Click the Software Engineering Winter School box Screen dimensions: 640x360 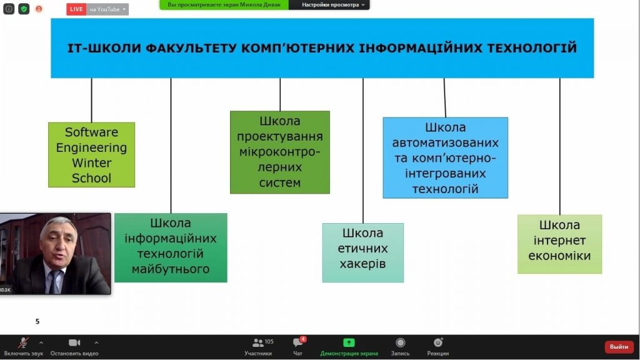pos(91,155)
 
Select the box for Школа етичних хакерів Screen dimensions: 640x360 pos(363,252)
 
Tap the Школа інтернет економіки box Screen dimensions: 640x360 pos(559,244)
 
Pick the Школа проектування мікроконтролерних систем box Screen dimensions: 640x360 pos(280,152)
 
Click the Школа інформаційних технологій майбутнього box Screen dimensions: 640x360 pos(171,247)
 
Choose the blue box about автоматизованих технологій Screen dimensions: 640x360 pos(445,157)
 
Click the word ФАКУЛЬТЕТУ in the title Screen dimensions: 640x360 pos(190,48)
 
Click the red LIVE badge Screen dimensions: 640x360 pos(76,9)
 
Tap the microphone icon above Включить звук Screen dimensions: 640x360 pos(23,343)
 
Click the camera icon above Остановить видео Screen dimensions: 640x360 pos(74,343)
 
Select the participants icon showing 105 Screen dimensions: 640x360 pos(258,343)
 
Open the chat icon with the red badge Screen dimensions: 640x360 pos(297,343)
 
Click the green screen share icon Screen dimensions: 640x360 pos(349,343)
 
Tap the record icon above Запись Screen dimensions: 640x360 pos(401,343)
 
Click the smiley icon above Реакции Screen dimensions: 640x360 pos(438,343)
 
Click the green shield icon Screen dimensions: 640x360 pos(24,9)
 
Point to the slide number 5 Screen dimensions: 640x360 pos(37,322)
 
